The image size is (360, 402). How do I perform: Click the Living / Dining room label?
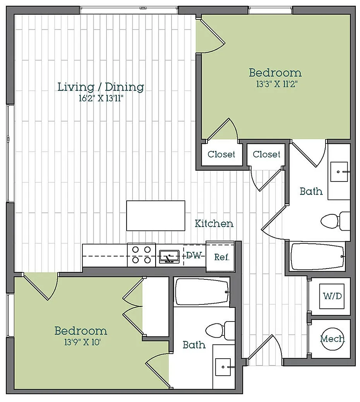[101, 87]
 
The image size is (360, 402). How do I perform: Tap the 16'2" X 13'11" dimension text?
[101, 98]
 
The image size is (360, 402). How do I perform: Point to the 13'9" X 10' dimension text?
[82, 342]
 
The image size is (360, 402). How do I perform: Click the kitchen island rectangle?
[156, 216]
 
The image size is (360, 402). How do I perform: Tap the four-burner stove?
[141, 255]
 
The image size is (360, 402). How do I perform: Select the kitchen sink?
[170, 257]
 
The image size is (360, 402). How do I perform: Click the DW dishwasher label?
[194, 255]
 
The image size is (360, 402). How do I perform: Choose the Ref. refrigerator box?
[220, 257]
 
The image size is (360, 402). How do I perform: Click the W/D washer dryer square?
[332, 296]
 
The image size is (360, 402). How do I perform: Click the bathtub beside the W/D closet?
[317, 257]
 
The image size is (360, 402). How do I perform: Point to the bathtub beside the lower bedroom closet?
[202, 292]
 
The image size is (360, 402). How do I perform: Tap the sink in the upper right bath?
[339, 171]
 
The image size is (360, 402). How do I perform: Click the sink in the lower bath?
[223, 367]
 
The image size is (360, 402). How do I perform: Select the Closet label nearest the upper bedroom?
[221, 154]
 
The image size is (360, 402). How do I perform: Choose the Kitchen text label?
[214, 224]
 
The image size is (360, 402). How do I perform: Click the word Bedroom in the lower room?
[81, 331]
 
